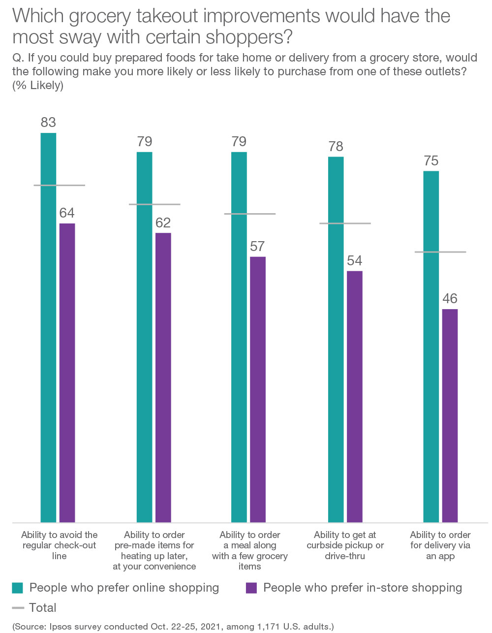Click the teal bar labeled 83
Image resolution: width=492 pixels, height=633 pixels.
(x=48, y=327)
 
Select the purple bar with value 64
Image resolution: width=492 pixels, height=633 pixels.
(x=67, y=373)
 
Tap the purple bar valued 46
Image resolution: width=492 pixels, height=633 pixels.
(x=450, y=415)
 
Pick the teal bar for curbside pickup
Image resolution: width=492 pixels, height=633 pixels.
(x=336, y=339)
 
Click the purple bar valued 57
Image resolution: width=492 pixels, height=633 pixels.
(x=258, y=389)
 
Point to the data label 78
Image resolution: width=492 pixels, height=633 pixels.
(x=336, y=146)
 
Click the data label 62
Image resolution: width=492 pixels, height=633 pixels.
(x=163, y=222)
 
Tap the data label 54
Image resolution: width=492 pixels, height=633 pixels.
(x=354, y=260)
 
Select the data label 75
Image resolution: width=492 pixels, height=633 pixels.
(x=431, y=161)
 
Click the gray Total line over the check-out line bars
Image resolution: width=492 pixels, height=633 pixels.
(x=60, y=185)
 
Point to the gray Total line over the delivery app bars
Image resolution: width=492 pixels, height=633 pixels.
(x=440, y=252)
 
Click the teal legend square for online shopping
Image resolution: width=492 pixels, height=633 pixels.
(x=18, y=588)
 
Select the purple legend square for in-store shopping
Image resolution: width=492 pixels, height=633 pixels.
(x=251, y=588)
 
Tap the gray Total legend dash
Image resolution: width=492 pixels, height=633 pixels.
(x=18, y=608)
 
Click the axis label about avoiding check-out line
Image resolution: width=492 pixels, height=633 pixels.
(x=60, y=545)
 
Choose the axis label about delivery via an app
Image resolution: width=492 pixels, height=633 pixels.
(x=440, y=545)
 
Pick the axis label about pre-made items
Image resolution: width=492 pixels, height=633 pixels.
(x=154, y=550)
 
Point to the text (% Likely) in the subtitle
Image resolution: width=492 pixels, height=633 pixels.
(x=38, y=85)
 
